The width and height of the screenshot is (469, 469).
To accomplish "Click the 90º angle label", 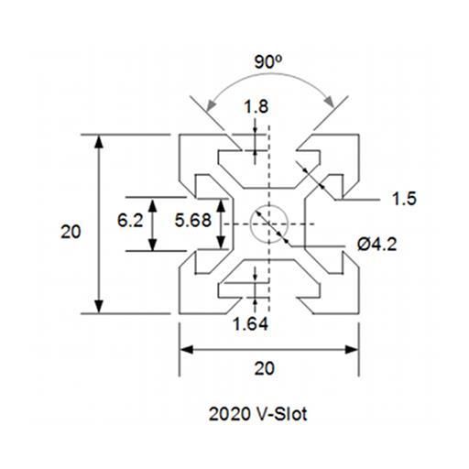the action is pos(268,62).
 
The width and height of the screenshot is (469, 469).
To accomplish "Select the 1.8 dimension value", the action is pos(256,107).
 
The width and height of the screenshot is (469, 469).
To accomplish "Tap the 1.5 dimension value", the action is pos(404,199).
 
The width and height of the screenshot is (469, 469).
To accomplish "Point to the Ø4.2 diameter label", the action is pos(377,245).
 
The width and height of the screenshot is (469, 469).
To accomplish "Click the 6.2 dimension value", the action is pos(130,221).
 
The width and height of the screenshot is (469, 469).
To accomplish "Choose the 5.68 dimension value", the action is pos(193,220).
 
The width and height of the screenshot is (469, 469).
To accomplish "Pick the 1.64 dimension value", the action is pos(250,324).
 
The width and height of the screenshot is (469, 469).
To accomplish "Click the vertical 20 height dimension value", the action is pos(71,232).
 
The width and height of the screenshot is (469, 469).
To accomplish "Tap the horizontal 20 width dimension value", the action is pos(265,368).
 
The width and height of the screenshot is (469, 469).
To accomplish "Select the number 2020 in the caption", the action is pos(229,414).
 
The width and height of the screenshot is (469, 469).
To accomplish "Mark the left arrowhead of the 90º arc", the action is pos(210,105).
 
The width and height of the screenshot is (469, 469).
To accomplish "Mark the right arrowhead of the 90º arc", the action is pos(330,102).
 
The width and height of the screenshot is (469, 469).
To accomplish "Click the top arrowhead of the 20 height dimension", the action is pos(98,142).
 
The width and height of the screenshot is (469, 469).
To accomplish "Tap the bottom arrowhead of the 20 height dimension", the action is pos(98,306).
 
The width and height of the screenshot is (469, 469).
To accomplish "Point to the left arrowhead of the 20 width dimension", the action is pos(187,350).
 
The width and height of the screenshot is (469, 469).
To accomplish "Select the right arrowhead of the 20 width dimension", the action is pos(352,350).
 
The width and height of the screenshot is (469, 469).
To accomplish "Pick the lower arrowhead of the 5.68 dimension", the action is pos(221,243).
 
